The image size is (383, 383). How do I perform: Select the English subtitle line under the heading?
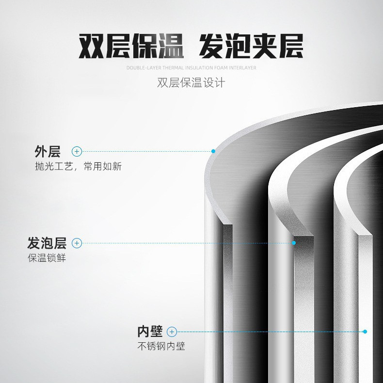191,68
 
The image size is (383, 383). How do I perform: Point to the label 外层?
47,152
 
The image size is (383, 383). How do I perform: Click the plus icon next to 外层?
77,152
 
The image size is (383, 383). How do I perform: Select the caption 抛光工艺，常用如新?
78,167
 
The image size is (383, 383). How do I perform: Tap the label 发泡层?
47,243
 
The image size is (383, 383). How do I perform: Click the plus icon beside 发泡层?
77,243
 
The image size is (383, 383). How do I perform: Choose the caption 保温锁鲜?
47,258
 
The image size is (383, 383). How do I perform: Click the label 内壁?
149,332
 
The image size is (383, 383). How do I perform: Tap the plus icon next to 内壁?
172,332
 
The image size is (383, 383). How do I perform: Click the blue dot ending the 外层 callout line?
213,152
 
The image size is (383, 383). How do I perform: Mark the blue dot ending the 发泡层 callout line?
294,243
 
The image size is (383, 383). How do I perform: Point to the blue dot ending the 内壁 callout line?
365,332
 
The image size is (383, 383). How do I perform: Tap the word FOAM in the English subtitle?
222,68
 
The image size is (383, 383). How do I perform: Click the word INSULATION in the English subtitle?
198,68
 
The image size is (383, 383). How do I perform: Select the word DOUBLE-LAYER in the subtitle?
143,68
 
